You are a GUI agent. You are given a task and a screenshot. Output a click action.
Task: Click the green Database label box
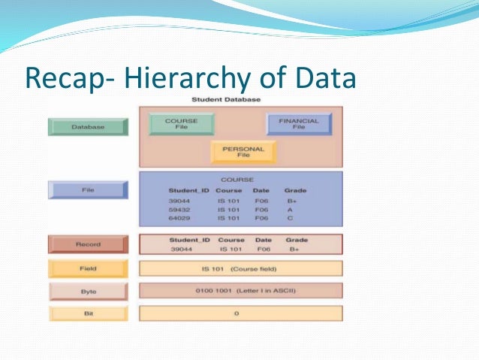click(88, 126)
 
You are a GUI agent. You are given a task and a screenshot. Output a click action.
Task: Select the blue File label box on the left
click(88, 190)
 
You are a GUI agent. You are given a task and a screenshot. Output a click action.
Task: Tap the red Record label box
click(87, 244)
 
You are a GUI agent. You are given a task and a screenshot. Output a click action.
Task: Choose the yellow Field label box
click(87, 268)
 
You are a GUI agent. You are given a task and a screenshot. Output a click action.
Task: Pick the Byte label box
click(87, 291)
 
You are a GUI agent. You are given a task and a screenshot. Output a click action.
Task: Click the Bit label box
click(87, 313)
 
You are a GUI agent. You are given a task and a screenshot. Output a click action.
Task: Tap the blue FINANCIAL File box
click(299, 124)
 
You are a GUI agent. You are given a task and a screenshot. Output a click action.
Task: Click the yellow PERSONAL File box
click(243, 152)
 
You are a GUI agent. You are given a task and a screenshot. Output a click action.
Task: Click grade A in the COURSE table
click(289, 210)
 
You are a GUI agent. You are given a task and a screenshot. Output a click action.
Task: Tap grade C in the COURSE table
click(289, 219)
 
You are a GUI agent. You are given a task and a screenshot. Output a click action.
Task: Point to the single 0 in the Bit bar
click(237, 313)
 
